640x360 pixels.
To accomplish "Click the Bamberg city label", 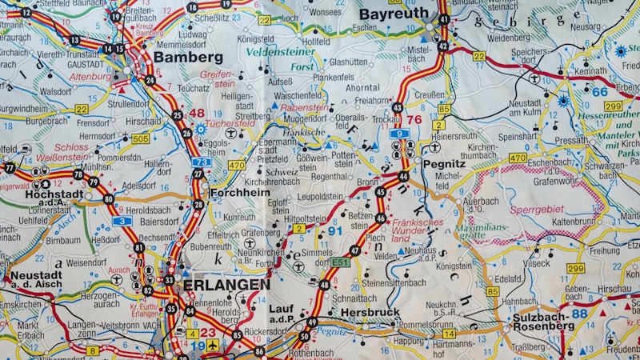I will [x=188, y=58].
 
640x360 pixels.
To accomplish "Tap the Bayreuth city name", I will [x=393, y=14].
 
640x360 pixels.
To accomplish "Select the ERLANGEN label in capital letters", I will [x=226, y=284].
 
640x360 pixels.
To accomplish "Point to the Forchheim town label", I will [x=239, y=193].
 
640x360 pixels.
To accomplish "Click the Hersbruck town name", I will [x=370, y=312].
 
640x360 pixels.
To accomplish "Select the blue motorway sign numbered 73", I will [x=202, y=162].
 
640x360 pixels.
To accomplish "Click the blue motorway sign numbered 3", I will [x=122, y=221].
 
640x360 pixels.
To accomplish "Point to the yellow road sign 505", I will [x=140, y=138].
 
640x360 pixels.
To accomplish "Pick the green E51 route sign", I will [x=341, y=262].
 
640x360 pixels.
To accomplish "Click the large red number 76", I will [x=414, y=119].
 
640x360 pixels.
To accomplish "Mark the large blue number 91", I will [x=335, y=231].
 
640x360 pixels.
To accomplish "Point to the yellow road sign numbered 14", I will [x=450, y=333].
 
